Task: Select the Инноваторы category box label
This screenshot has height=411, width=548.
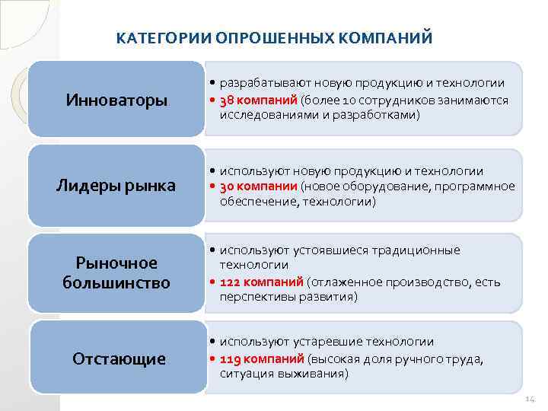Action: pyautogui.click(x=116, y=100)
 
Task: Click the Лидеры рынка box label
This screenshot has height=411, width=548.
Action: pyautogui.click(x=116, y=186)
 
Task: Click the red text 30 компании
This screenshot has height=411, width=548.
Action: pyautogui.click(x=259, y=186)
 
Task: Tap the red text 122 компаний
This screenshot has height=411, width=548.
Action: pyautogui.click(x=262, y=282)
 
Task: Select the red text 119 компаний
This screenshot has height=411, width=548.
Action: pyautogui.click(x=262, y=359)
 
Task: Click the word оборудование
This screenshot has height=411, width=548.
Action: pyautogui.click(x=378, y=186)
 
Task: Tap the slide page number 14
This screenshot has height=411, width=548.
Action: pyautogui.click(x=530, y=400)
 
